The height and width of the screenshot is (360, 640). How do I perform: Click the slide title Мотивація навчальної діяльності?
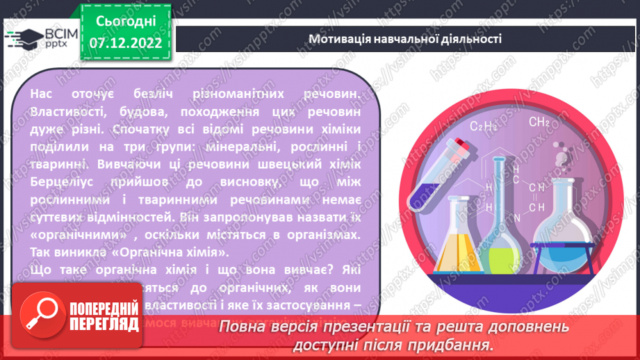coord(405,38)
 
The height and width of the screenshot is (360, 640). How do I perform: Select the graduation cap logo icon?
coord(22,36)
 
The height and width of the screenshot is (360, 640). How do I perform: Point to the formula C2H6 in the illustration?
coord(485,126)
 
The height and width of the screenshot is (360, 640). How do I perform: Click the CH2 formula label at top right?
coord(539,122)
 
